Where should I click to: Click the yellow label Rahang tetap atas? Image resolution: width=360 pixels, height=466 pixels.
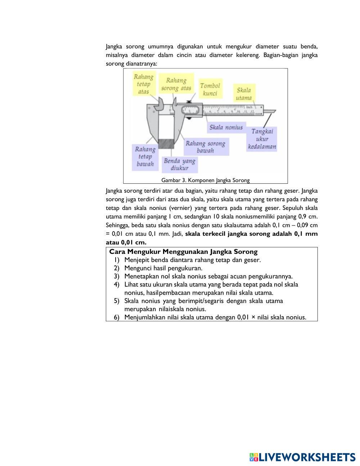[143, 84]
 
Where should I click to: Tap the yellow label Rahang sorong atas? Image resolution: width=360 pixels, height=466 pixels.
[176, 84]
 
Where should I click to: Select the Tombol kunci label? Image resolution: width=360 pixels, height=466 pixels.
[210, 89]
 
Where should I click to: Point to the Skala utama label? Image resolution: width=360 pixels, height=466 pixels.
[244, 94]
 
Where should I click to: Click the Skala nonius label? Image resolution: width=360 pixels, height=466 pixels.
[226, 127]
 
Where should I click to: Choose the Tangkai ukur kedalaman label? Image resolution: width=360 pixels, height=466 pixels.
[262, 139]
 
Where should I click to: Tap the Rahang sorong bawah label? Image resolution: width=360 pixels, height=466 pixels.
[205, 147]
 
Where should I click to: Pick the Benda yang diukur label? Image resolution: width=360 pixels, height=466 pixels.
[179, 164]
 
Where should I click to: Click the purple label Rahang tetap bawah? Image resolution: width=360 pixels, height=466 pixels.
[145, 157]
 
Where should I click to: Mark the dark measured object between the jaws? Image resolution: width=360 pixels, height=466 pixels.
[166, 144]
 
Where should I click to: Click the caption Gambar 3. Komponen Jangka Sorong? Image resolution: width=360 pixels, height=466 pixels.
[205, 180]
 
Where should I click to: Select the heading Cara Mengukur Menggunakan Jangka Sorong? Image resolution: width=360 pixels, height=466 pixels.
[183, 252]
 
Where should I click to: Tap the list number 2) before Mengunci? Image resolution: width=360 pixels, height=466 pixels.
[116, 268]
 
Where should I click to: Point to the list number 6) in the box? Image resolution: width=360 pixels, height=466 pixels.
[116, 317]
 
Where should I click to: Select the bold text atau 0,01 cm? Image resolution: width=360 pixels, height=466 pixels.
[126, 242]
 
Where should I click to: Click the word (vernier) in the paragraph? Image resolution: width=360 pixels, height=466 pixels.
[180, 208]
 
